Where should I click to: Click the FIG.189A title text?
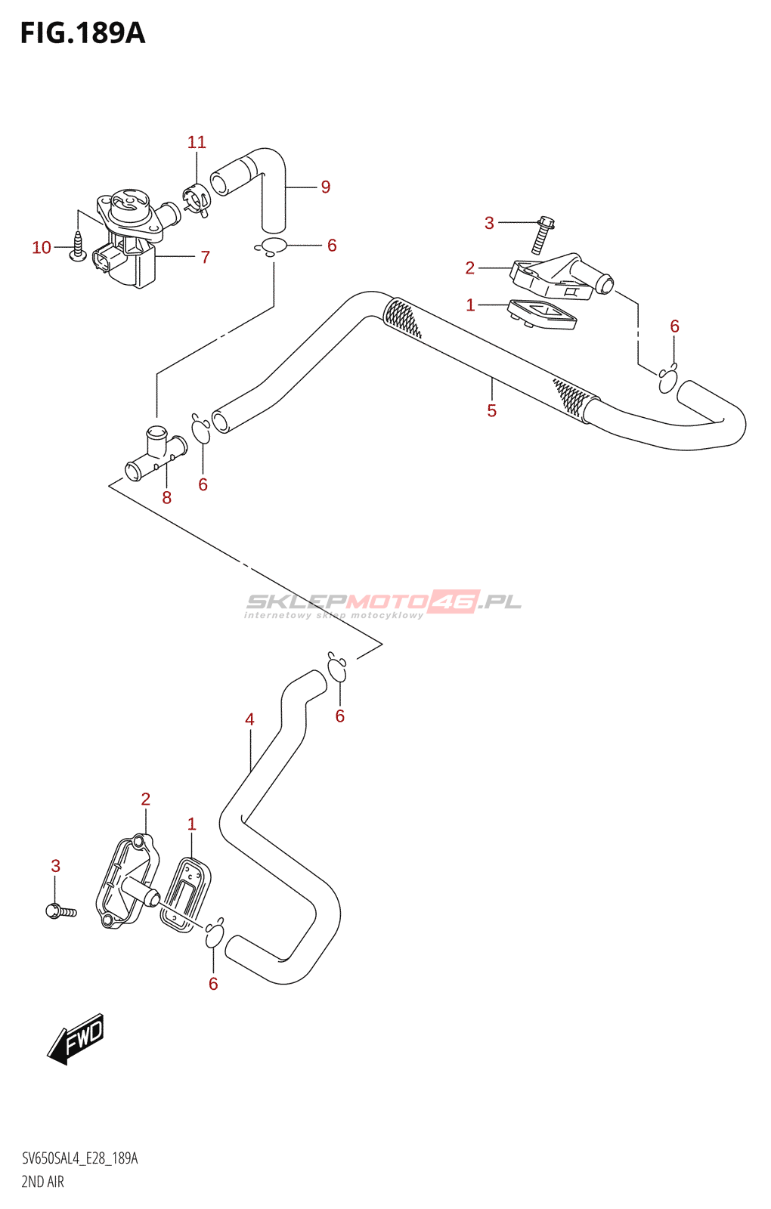coord(82,33)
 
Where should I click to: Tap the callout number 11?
coord(197,142)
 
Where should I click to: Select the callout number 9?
coord(326,187)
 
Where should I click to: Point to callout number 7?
coord(205,257)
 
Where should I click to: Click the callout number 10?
coord(42,248)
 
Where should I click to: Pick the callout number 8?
coord(167,497)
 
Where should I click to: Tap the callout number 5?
coord(492,410)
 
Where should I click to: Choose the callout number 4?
coord(249,719)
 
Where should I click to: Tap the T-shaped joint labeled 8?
coord(155,455)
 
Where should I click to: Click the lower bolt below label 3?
coord(60,911)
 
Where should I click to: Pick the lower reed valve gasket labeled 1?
coord(186,894)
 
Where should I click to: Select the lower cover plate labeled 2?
coord(127,881)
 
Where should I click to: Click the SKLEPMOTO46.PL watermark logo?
coord(383,603)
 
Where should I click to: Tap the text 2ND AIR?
coord(43,1182)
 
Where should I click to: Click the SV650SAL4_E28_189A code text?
coord(79,1158)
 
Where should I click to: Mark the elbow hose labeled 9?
coord(257,181)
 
